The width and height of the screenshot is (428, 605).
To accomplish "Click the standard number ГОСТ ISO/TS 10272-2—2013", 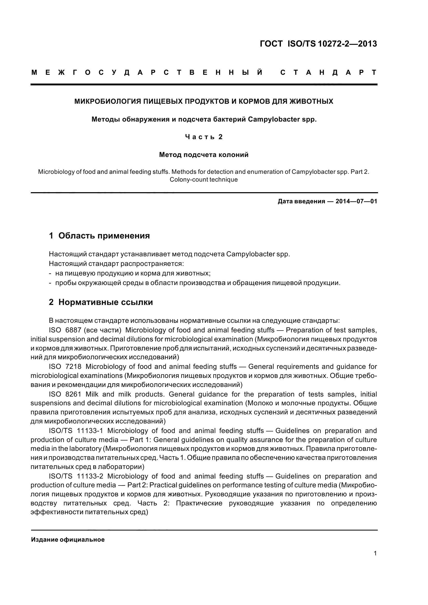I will point(318,44).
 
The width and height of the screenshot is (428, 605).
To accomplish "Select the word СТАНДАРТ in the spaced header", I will point(328,72).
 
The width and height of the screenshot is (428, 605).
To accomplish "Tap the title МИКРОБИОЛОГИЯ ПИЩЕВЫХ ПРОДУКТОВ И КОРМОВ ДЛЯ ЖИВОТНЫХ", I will point(204,101).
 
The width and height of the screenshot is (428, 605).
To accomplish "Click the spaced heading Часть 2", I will point(204,137).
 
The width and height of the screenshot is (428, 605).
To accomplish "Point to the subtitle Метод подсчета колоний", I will point(204,155).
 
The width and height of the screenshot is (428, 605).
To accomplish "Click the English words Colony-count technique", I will point(204,180).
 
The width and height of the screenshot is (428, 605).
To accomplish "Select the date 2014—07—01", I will point(356,201).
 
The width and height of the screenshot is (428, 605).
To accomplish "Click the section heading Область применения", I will point(104,236).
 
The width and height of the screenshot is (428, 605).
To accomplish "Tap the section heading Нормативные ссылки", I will point(105,302).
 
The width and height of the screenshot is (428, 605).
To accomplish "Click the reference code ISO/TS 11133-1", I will point(76,431).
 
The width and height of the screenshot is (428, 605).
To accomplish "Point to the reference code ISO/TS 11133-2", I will point(76,476).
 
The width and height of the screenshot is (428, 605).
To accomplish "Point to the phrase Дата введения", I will point(301,201).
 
